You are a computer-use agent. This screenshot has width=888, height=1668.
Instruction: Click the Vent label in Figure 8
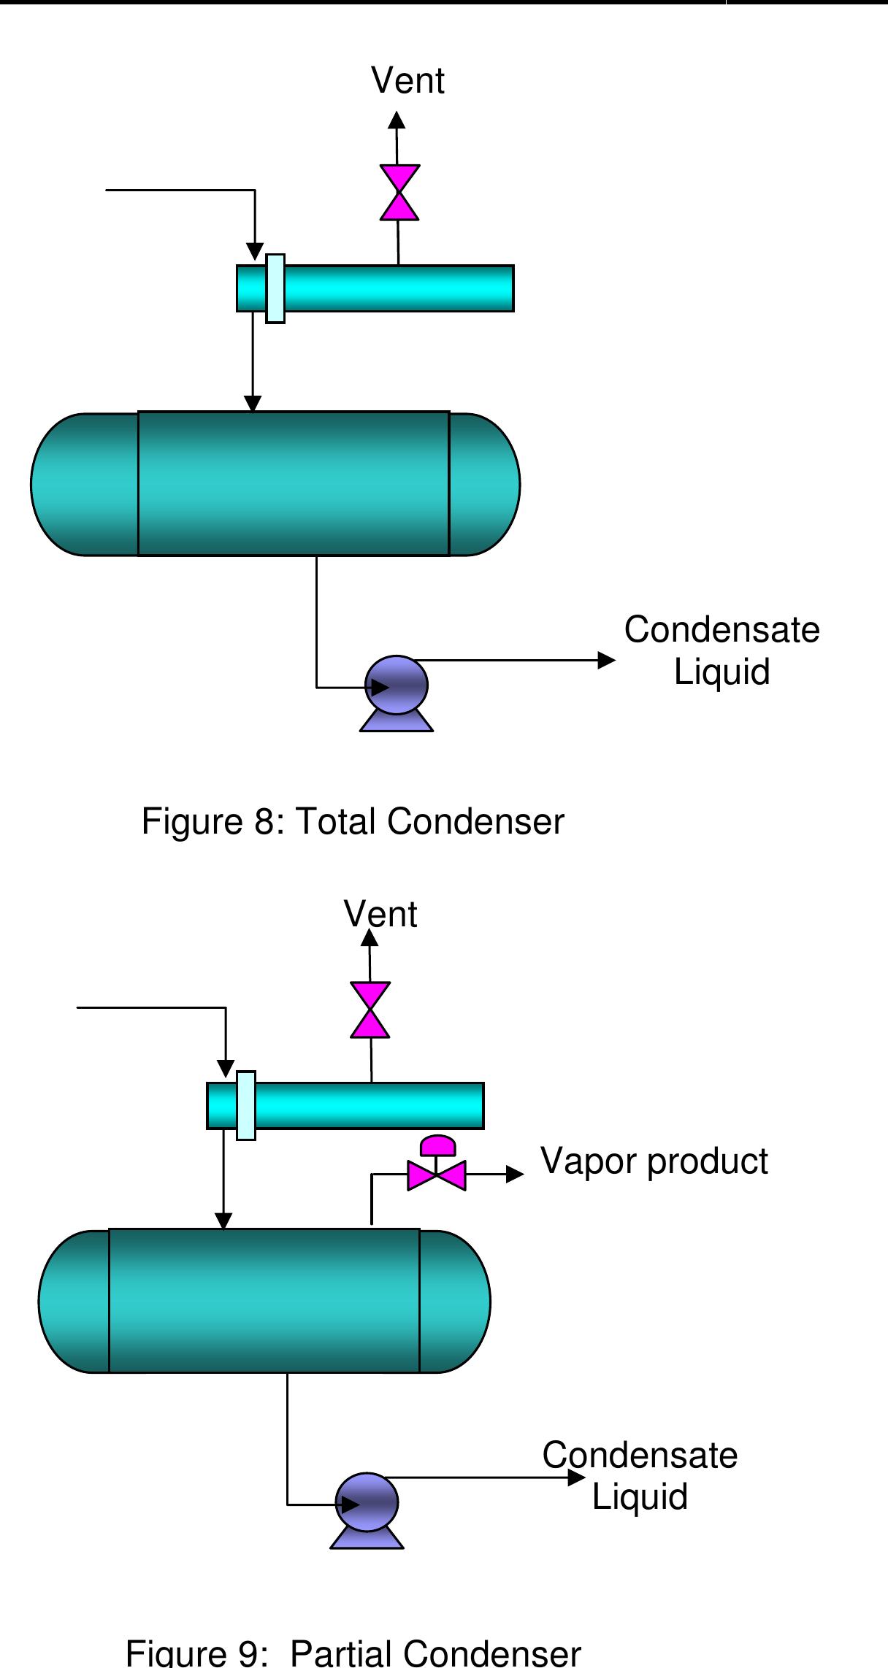pos(407,80)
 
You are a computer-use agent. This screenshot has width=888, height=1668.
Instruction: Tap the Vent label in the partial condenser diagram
pos(380,914)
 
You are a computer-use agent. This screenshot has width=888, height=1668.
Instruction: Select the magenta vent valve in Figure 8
pos(399,193)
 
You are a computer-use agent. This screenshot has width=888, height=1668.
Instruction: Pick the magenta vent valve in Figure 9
pos(370,1010)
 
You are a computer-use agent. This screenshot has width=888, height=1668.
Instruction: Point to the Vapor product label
pos(654,1161)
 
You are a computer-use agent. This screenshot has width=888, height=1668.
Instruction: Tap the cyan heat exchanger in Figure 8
pos(375,288)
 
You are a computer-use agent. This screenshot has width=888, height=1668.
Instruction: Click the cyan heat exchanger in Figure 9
pos(345,1105)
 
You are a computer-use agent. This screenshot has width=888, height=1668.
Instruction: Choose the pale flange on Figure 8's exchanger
pos(275,288)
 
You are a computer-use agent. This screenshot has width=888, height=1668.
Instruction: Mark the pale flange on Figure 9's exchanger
pos(246,1105)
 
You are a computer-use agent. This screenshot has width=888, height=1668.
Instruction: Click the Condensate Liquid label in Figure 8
pos(721,650)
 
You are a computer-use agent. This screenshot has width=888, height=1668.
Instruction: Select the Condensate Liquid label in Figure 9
pos(640,1475)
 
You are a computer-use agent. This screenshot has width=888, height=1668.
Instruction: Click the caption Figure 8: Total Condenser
pos(353,821)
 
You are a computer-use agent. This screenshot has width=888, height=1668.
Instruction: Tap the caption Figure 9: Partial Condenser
pos(354,1653)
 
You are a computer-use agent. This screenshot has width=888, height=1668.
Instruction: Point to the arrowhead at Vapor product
pos(516,1174)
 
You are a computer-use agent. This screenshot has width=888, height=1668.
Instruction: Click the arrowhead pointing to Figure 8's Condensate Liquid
pos(607,660)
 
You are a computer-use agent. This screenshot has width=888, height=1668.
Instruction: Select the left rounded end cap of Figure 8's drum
pos(85,485)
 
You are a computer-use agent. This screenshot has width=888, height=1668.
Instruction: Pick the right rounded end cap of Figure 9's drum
pos(454,1302)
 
